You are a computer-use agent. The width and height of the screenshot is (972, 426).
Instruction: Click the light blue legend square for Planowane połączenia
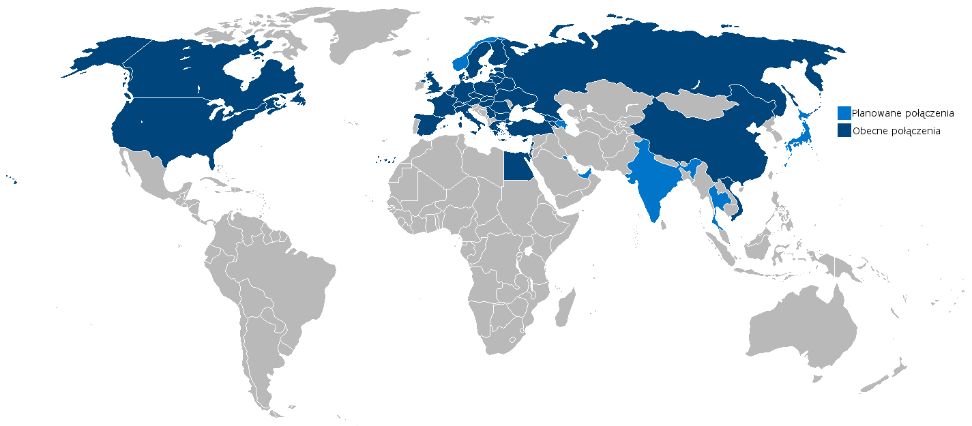click(844, 113)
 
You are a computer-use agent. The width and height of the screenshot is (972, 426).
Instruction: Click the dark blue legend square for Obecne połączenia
click(844, 130)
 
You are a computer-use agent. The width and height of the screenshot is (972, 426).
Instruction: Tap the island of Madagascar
click(565, 306)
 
